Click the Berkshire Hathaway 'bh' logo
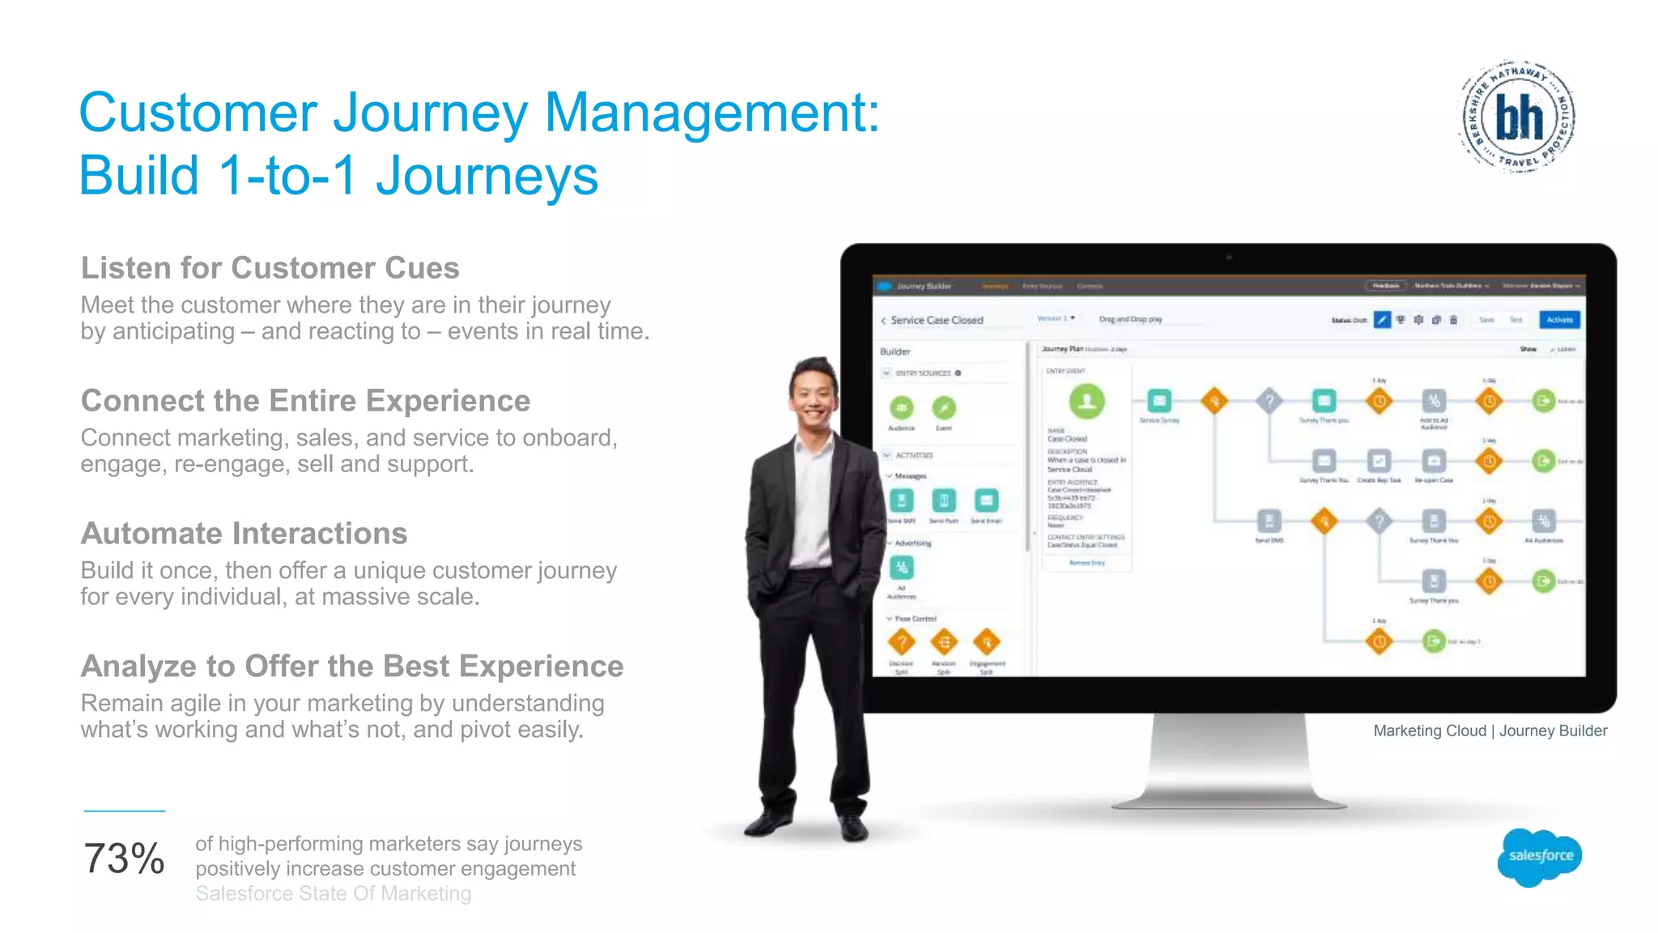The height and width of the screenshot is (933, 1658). [1518, 116]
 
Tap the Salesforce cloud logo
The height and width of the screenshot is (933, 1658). [1540, 856]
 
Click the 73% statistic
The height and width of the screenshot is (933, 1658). [124, 858]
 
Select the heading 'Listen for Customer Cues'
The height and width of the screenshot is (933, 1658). [270, 268]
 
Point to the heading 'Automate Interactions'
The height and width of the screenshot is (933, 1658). [244, 534]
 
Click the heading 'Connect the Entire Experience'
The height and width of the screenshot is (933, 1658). [305, 401]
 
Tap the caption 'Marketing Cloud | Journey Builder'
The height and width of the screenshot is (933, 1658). [1490, 731]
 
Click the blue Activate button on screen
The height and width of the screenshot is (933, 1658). [1559, 320]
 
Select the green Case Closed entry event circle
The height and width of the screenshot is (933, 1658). [1086, 401]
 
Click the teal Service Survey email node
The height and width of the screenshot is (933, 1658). [1159, 401]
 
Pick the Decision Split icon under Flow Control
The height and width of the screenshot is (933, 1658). [901, 642]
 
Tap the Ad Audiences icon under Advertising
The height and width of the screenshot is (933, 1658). [901, 568]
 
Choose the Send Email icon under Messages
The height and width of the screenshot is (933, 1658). [986, 501]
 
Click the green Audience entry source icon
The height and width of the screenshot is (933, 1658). [901, 408]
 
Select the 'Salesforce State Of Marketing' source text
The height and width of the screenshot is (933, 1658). [333, 893]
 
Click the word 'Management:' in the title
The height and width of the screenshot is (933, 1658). [712, 113]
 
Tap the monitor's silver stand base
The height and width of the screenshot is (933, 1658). [1229, 798]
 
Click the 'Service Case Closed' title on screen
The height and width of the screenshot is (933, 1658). [937, 321]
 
